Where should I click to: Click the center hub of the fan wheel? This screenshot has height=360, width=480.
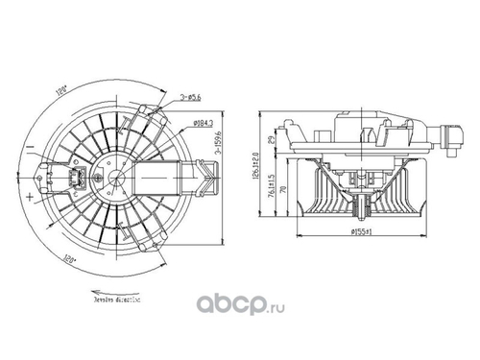point(116,179)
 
